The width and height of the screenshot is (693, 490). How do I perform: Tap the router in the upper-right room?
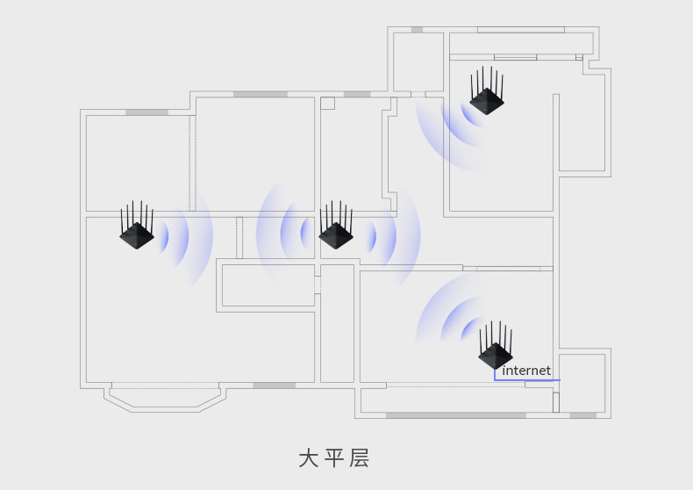tap(487, 99)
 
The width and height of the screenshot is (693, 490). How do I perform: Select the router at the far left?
tap(137, 233)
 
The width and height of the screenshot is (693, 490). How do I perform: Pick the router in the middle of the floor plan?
tap(336, 234)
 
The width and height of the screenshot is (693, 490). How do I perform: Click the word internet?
tap(526, 371)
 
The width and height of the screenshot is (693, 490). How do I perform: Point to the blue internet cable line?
tap(526, 380)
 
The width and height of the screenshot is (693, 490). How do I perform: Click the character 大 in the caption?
tap(308, 458)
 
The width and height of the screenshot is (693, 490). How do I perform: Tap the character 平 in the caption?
tap(333, 458)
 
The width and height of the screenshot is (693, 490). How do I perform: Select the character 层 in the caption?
tap(360, 458)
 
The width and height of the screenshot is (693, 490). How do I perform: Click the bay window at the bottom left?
tap(165, 397)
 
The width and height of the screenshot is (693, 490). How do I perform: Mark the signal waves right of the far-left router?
tap(184, 235)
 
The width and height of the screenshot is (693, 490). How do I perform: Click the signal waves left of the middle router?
tap(285, 233)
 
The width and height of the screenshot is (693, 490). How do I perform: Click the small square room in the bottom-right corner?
tap(582, 383)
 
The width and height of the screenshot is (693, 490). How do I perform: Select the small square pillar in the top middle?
tap(327, 103)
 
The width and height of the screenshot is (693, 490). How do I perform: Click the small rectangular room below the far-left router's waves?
tap(268, 285)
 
